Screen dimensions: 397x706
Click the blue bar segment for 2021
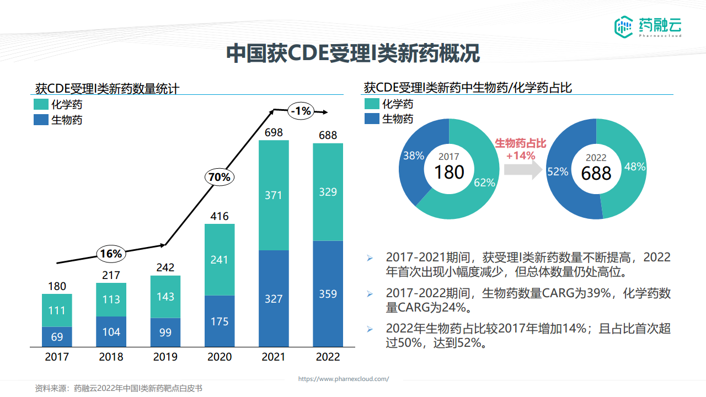[x=274, y=298]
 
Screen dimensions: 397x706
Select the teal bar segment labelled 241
[x=220, y=259]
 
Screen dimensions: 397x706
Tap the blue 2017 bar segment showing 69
[x=57, y=337]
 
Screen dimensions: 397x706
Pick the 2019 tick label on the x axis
[x=165, y=357]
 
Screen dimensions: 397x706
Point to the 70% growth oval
[x=220, y=177]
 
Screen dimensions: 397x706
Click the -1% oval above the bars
[x=301, y=111]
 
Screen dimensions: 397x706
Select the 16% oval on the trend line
[x=111, y=254]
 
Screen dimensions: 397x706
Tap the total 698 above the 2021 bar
[x=274, y=132]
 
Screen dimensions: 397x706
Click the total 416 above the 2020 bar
[x=220, y=216]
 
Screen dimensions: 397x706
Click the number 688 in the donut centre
[x=596, y=173]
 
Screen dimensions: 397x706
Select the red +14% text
[x=521, y=155]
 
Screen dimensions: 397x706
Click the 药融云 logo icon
[x=624, y=26]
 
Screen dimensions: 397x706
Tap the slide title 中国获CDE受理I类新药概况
[x=353, y=53]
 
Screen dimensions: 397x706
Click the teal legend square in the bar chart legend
[x=41, y=104]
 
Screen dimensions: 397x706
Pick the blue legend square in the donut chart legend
[x=372, y=119]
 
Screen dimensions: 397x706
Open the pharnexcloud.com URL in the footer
[x=344, y=379]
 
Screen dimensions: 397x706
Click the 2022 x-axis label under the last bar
[x=328, y=357]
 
